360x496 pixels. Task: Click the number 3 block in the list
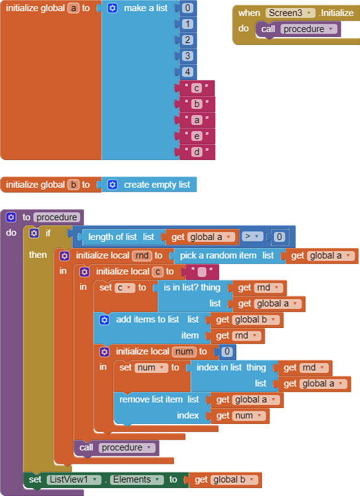click(188, 56)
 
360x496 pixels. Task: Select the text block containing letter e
click(197, 136)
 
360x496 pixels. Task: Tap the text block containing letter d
click(197, 152)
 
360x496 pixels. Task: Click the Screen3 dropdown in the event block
click(290, 13)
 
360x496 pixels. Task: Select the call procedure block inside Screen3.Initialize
click(298, 29)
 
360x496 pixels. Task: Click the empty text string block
click(201, 271)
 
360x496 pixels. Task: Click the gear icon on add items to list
click(104, 319)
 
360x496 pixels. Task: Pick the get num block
click(240, 415)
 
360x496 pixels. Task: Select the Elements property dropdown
click(135, 479)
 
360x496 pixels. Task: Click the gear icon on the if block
click(34, 233)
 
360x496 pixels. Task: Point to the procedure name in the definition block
click(57, 217)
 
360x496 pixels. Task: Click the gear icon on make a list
click(112, 9)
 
